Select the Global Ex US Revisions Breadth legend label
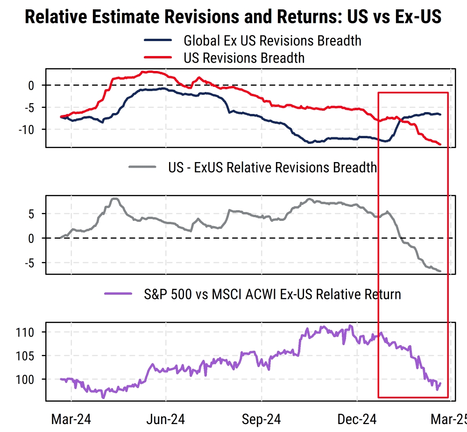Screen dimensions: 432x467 tap(272, 41)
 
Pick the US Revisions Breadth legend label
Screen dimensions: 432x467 tap(244, 58)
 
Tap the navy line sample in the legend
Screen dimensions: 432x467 tap(158, 40)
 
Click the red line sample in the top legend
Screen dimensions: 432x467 tap(158, 57)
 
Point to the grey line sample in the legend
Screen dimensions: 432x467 tap(142, 167)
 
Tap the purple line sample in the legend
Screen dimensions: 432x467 tap(119, 294)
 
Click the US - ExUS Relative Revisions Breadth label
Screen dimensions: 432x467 tap(272, 167)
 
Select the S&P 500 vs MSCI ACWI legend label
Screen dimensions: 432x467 tap(272, 294)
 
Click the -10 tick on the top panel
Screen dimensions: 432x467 tap(26, 129)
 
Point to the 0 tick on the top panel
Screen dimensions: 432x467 tap(31, 85)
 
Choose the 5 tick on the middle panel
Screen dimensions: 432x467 tap(31, 214)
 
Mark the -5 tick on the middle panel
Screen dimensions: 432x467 tap(28, 262)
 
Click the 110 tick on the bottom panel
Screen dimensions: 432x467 tap(26, 333)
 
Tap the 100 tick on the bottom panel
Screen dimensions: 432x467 tap(26, 380)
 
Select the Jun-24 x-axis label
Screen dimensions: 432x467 tap(166, 419)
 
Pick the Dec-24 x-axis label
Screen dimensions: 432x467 tap(356, 419)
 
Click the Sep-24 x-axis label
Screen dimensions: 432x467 tap(261, 419)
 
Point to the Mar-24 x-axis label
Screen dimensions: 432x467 tap(71, 419)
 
